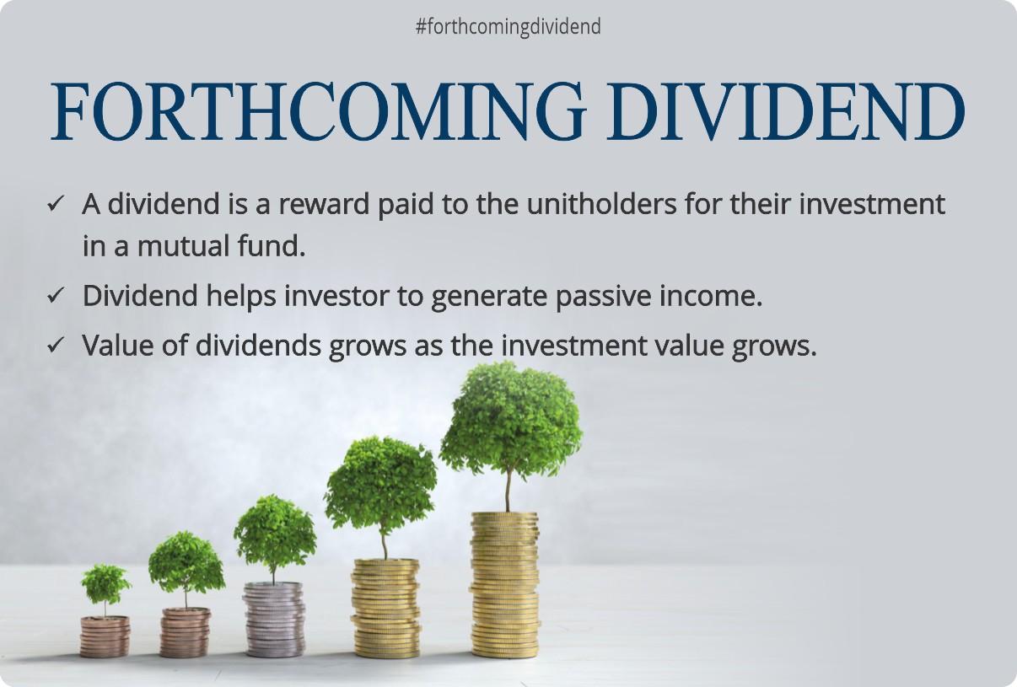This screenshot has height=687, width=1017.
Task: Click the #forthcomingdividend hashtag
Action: click(x=508, y=27)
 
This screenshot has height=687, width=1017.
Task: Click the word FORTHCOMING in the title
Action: click(x=317, y=111)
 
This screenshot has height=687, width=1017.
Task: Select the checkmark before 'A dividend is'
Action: click(x=56, y=205)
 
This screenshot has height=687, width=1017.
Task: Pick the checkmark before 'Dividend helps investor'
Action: click(x=56, y=296)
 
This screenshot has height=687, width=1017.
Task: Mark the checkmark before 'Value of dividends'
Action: click(x=56, y=346)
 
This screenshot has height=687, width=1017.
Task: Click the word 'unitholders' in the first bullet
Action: click(x=594, y=205)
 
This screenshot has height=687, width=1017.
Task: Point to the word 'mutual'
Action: click(x=180, y=246)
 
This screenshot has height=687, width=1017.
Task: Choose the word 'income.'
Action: click(x=716, y=297)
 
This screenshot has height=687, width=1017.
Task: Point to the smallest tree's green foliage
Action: click(x=105, y=582)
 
